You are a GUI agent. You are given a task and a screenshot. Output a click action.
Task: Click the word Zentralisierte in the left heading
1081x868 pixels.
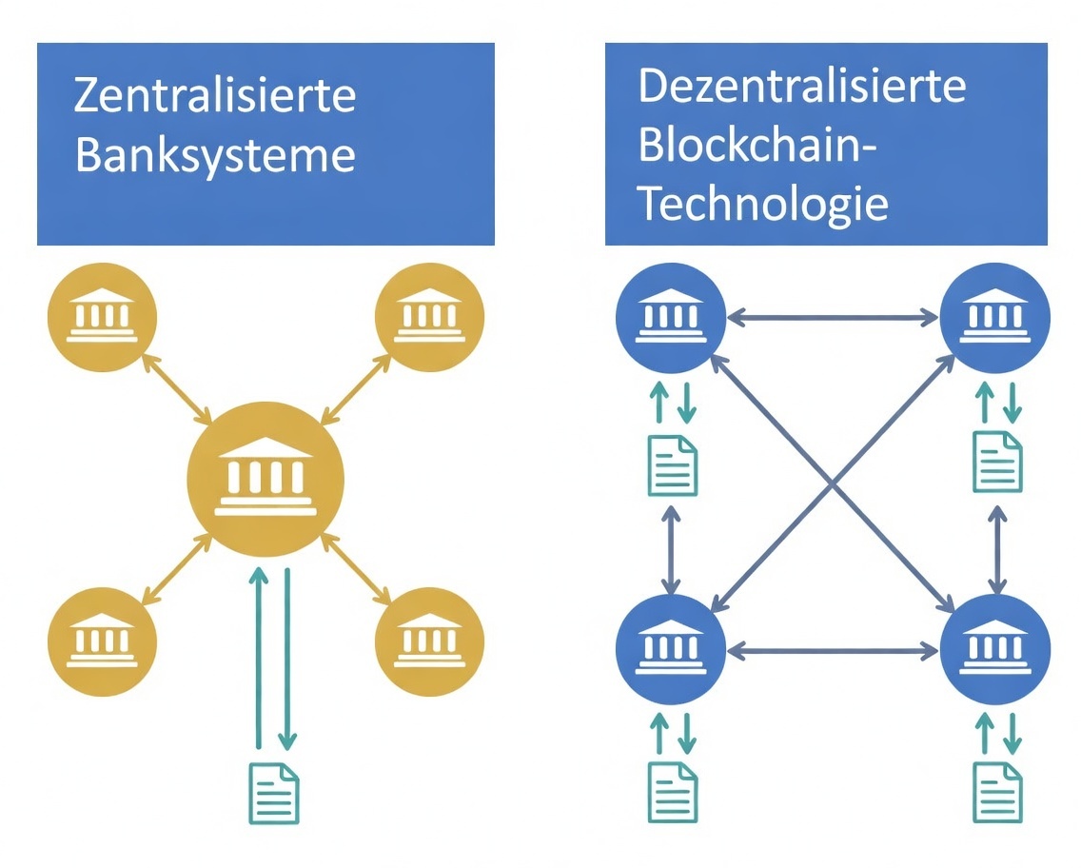pos(215,97)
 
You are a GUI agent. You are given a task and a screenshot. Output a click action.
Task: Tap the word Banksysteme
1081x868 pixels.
pos(215,155)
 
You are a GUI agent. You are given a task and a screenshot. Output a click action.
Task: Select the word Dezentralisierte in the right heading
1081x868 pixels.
pos(801,87)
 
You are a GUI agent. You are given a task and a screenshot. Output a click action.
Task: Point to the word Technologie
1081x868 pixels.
pos(763,203)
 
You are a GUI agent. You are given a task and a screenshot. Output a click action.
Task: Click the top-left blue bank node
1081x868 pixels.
pos(671,318)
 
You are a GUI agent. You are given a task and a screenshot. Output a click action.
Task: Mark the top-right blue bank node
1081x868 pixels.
pos(995,318)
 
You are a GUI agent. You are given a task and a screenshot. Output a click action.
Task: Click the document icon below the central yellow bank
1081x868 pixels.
pos(274,794)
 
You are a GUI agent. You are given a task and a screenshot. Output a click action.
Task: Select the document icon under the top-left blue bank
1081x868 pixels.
pos(672,465)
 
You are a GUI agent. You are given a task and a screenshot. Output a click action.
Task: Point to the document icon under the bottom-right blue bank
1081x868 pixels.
pos(997,792)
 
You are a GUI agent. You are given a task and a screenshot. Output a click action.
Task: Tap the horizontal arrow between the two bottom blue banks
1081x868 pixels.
pos(833,652)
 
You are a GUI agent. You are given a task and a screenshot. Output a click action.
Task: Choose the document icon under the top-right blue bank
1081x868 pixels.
pos(997,463)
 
